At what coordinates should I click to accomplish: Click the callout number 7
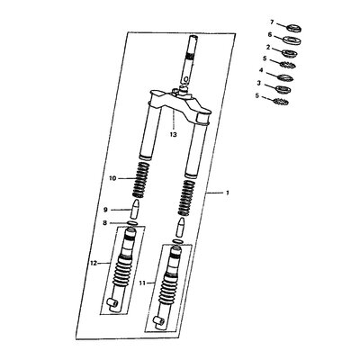272,22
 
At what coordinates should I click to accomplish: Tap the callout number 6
270,35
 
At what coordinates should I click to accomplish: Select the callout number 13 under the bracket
173,134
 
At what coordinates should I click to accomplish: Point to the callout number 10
112,178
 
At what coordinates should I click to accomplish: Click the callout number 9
105,210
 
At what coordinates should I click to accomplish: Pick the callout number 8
104,223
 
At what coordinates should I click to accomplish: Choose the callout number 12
94,263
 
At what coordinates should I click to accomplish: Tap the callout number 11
142,283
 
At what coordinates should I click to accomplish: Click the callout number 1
228,193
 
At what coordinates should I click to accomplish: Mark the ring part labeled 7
294,29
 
